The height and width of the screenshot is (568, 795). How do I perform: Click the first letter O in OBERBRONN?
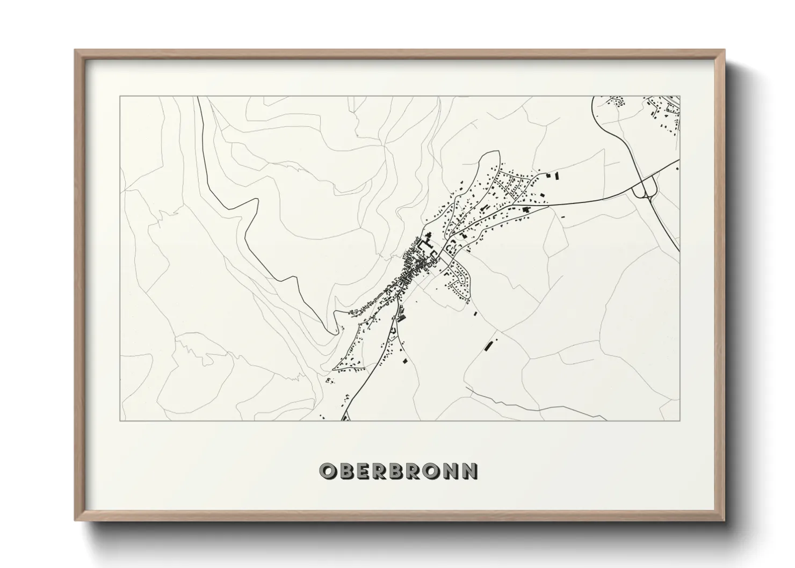point(327,471)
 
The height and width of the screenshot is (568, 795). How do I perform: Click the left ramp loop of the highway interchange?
point(639,189)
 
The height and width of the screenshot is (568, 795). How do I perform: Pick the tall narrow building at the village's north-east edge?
point(556,175)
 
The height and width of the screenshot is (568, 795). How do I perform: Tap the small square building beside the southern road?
point(404,361)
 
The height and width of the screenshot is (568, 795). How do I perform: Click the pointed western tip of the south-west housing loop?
point(334,369)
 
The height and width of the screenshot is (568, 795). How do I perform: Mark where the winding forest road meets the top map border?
point(198,97)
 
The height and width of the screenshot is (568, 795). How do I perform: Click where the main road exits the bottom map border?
point(344,420)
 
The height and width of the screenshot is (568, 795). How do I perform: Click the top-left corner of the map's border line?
point(120,97)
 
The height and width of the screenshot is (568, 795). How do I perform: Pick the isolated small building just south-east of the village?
point(475,312)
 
